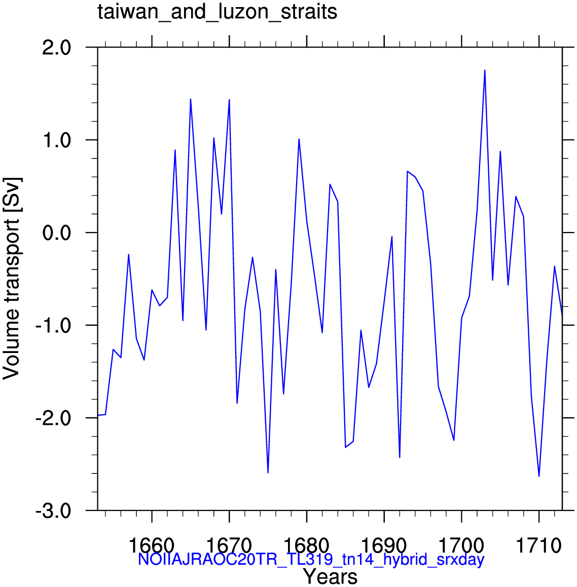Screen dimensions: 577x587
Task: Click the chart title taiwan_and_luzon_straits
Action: (218, 12)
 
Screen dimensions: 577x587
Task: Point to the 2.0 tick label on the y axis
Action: (57, 48)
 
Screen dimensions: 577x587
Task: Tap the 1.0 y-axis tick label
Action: (57, 140)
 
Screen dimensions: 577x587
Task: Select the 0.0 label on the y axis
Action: (57, 233)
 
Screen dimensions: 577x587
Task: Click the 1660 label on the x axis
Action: (152, 546)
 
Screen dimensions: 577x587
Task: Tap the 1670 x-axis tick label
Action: (229, 546)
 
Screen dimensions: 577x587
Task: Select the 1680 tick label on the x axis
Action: (306, 546)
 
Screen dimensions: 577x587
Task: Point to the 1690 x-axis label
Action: (384, 546)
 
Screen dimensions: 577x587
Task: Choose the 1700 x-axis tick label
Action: (461, 546)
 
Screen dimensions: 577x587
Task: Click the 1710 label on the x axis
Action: (539, 546)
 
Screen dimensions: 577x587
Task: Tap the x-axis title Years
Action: (330, 576)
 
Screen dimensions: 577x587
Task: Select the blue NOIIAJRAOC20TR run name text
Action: (311, 560)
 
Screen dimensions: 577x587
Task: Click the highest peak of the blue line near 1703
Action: (484, 70)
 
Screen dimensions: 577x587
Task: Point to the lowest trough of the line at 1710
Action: (539, 476)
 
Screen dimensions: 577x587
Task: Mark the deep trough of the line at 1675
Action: (268, 473)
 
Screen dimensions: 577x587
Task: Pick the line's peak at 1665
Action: (190, 99)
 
